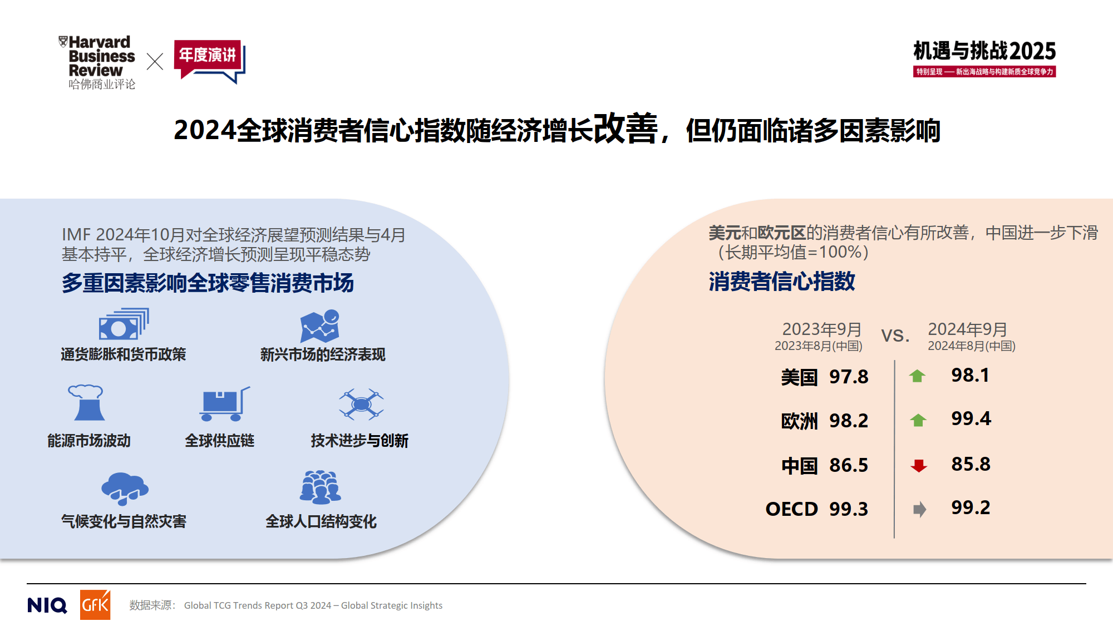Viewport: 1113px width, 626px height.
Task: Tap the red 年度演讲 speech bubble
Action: (209, 59)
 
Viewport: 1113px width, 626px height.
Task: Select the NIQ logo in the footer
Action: (47, 605)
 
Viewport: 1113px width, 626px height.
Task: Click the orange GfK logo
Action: (95, 605)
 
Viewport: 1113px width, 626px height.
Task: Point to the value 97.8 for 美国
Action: (849, 377)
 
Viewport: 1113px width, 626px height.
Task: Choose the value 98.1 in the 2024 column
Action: (970, 375)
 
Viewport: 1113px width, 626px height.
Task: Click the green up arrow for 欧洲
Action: (918, 420)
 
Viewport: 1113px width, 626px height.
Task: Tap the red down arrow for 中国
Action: (919, 465)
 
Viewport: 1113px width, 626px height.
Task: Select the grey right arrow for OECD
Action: (919, 509)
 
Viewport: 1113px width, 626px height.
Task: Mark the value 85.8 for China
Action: (971, 464)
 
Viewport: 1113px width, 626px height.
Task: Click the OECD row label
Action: (791, 509)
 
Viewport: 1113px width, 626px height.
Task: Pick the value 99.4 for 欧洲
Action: (971, 418)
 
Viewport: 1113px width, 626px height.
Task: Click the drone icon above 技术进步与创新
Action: (361, 404)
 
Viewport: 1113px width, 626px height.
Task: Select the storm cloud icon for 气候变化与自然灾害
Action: (125, 488)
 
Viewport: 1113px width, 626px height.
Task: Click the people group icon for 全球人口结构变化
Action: (320, 487)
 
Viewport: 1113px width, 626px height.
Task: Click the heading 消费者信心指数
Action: (781, 282)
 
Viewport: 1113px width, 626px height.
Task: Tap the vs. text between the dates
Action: (895, 335)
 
